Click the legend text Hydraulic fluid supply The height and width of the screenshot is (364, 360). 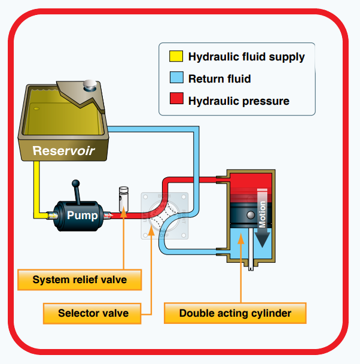coord(246,57)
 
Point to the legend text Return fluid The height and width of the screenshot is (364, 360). coord(219,78)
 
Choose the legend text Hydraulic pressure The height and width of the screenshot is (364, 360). coord(239,101)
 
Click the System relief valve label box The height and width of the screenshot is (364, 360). coord(80,280)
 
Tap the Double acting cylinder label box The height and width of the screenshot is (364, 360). coord(235,313)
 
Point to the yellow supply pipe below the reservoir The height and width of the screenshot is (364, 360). coord(37,186)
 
